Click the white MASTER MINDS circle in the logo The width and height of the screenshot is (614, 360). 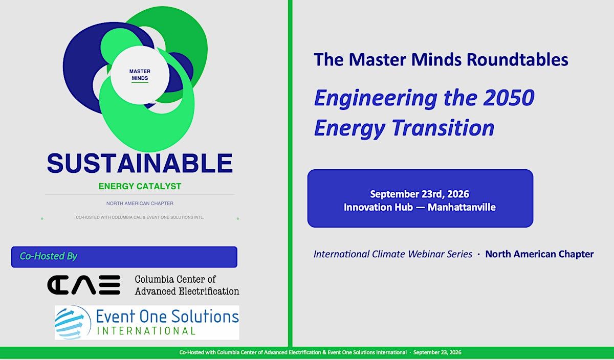(140, 75)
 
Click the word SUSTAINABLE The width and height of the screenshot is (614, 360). (140, 163)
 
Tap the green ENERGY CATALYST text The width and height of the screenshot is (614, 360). (140, 186)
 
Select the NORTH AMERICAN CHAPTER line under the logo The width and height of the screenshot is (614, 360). (140, 204)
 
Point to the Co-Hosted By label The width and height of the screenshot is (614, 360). (48, 256)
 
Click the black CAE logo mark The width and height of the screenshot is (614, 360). (83, 285)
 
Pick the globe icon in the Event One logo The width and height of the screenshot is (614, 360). (73, 323)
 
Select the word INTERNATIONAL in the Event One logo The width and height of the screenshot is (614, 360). (146, 331)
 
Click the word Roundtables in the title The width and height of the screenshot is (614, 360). (517, 59)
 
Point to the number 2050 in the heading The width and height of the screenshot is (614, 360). (509, 98)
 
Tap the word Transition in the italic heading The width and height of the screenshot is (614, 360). (443, 128)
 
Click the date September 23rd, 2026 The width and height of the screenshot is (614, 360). (420, 194)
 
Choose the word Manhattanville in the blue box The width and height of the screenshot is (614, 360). (462, 207)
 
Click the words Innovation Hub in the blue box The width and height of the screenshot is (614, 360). (378, 207)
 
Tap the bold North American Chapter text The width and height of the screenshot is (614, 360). (539, 254)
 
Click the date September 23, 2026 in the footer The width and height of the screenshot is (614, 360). (437, 352)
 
